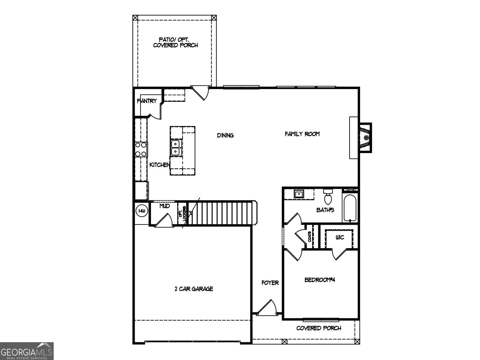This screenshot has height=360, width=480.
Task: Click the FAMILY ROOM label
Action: pos(302,134)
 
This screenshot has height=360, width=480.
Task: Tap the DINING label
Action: pos(225,135)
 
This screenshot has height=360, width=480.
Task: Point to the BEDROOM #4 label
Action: pos(319,280)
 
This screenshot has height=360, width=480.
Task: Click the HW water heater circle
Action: pos(142,211)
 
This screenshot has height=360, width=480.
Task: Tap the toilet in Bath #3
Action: pos(328,196)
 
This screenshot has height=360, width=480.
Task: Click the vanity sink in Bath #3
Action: pos(299,194)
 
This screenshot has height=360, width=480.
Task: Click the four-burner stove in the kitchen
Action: pos(141,149)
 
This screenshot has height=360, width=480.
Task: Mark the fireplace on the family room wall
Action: pos(364,138)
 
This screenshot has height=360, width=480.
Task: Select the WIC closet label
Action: pos(340,238)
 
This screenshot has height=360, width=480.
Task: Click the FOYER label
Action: pos(270,283)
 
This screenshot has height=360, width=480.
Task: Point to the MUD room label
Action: pos(164,206)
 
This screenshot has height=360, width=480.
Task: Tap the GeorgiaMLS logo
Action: pos(27,351)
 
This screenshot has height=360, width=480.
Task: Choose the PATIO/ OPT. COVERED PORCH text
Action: pos(175,42)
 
